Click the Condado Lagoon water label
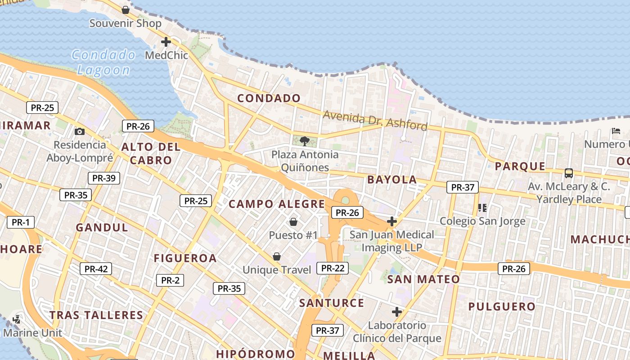click(x=103, y=63)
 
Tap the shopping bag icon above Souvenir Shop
click(x=126, y=10)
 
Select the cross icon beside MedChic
click(x=166, y=42)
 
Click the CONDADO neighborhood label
click(x=269, y=98)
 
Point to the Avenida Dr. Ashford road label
click(x=375, y=120)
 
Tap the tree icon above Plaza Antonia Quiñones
click(x=305, y=141)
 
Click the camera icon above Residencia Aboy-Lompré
click(x=80, y=131)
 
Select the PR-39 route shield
click(x=104, y=178)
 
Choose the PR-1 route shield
click(x=21, y=222)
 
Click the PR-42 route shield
click(x=96, y=269)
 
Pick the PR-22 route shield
click(x=333, y=268)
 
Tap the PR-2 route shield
click(x=170, y=280)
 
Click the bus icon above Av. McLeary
click(x=569, y=173)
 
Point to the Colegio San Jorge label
click(x=482, y=221)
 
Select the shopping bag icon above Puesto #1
click(x=293, y=222)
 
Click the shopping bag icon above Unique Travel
click(x=277, y=256)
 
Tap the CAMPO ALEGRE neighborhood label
click(x=277, y=204)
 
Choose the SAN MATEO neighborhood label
click(x=423, y=279)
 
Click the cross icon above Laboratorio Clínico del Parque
click(x=396, y=312)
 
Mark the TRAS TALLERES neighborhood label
click(x=96, y=315)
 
